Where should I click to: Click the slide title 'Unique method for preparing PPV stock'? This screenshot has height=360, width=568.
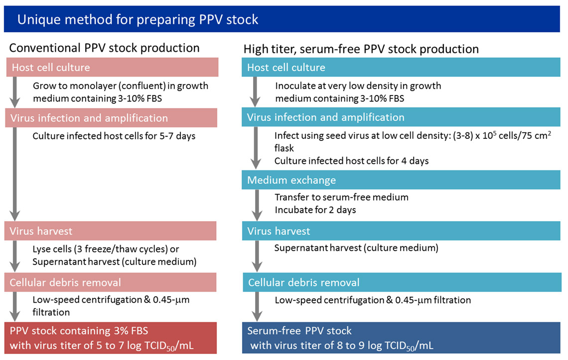pyautogui.click(x=138, y=19)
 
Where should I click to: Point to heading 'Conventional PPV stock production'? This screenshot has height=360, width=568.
pyautogui.click(x=105, y=48)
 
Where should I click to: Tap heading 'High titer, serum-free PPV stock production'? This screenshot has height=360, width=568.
pyautogui.click(x=361, y=49)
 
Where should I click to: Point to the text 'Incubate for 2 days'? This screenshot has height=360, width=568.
pyautogui.click(x=315, y=210)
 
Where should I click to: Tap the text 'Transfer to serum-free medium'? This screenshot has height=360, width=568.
pyautogui.click(x=341, y=197)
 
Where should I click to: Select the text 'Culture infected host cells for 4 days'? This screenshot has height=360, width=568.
pyautogui.click(x=351, y=161)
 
